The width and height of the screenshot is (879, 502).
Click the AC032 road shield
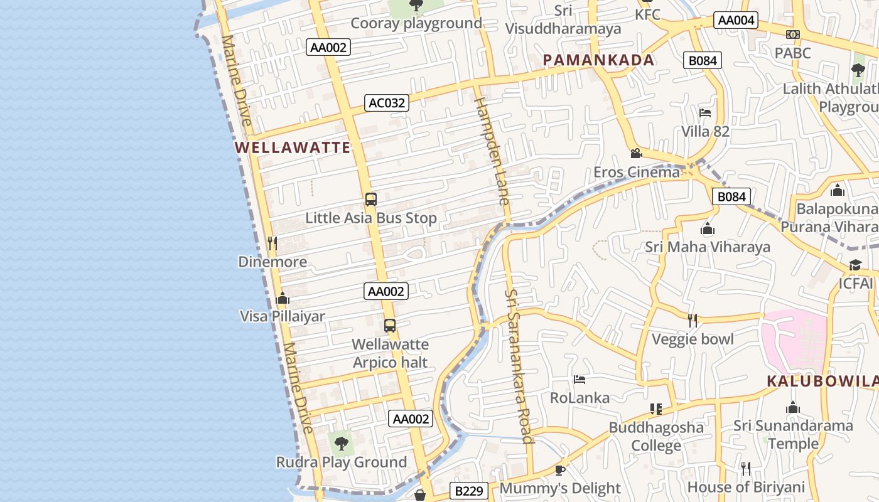tap(387, 103)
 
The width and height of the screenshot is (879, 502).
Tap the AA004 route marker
tap(736, 20)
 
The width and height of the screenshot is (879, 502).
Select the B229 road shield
tap(468, 491)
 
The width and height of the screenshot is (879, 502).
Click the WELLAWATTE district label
tap(293, 148)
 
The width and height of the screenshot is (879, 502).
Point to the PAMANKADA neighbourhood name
tap(599, 60)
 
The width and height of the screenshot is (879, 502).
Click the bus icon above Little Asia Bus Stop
tap(371, 200)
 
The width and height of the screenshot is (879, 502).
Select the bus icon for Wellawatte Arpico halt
tap(390, 326)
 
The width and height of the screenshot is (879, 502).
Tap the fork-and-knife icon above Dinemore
tap(272, 243)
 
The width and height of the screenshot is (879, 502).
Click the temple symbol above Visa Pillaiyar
tap(283, 298)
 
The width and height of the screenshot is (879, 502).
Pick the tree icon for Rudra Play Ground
tap(341, 444)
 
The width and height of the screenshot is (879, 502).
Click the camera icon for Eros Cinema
tap(636, 154)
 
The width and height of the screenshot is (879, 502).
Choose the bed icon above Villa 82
tap(705, 114)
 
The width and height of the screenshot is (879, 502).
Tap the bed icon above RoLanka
tap(580, 380)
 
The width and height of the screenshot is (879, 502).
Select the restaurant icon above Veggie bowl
tap(692, 321)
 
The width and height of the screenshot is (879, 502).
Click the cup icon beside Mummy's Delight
tap(560, 470)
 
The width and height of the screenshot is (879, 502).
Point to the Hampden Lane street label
tap(491, 151)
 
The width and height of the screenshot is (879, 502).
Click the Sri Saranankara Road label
tap(519, 366)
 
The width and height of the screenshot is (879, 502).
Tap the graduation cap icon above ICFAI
tap(855, 265)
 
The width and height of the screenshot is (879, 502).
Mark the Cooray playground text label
tap(416, 24)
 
